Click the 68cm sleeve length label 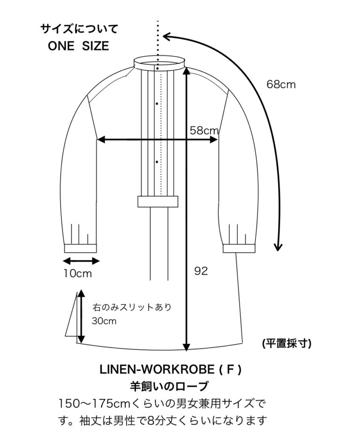281,84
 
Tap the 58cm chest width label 204,130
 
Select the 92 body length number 201,271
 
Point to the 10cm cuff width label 77,273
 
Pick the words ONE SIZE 78,46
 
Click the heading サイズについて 79,29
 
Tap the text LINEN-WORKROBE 157,369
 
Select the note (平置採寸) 287,344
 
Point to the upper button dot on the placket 157,104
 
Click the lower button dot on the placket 157,162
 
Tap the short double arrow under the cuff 81,261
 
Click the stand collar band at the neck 160,62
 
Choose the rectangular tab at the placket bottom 158,201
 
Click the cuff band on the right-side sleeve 240,248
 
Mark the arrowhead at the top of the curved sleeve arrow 167,37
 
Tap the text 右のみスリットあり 132,307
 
